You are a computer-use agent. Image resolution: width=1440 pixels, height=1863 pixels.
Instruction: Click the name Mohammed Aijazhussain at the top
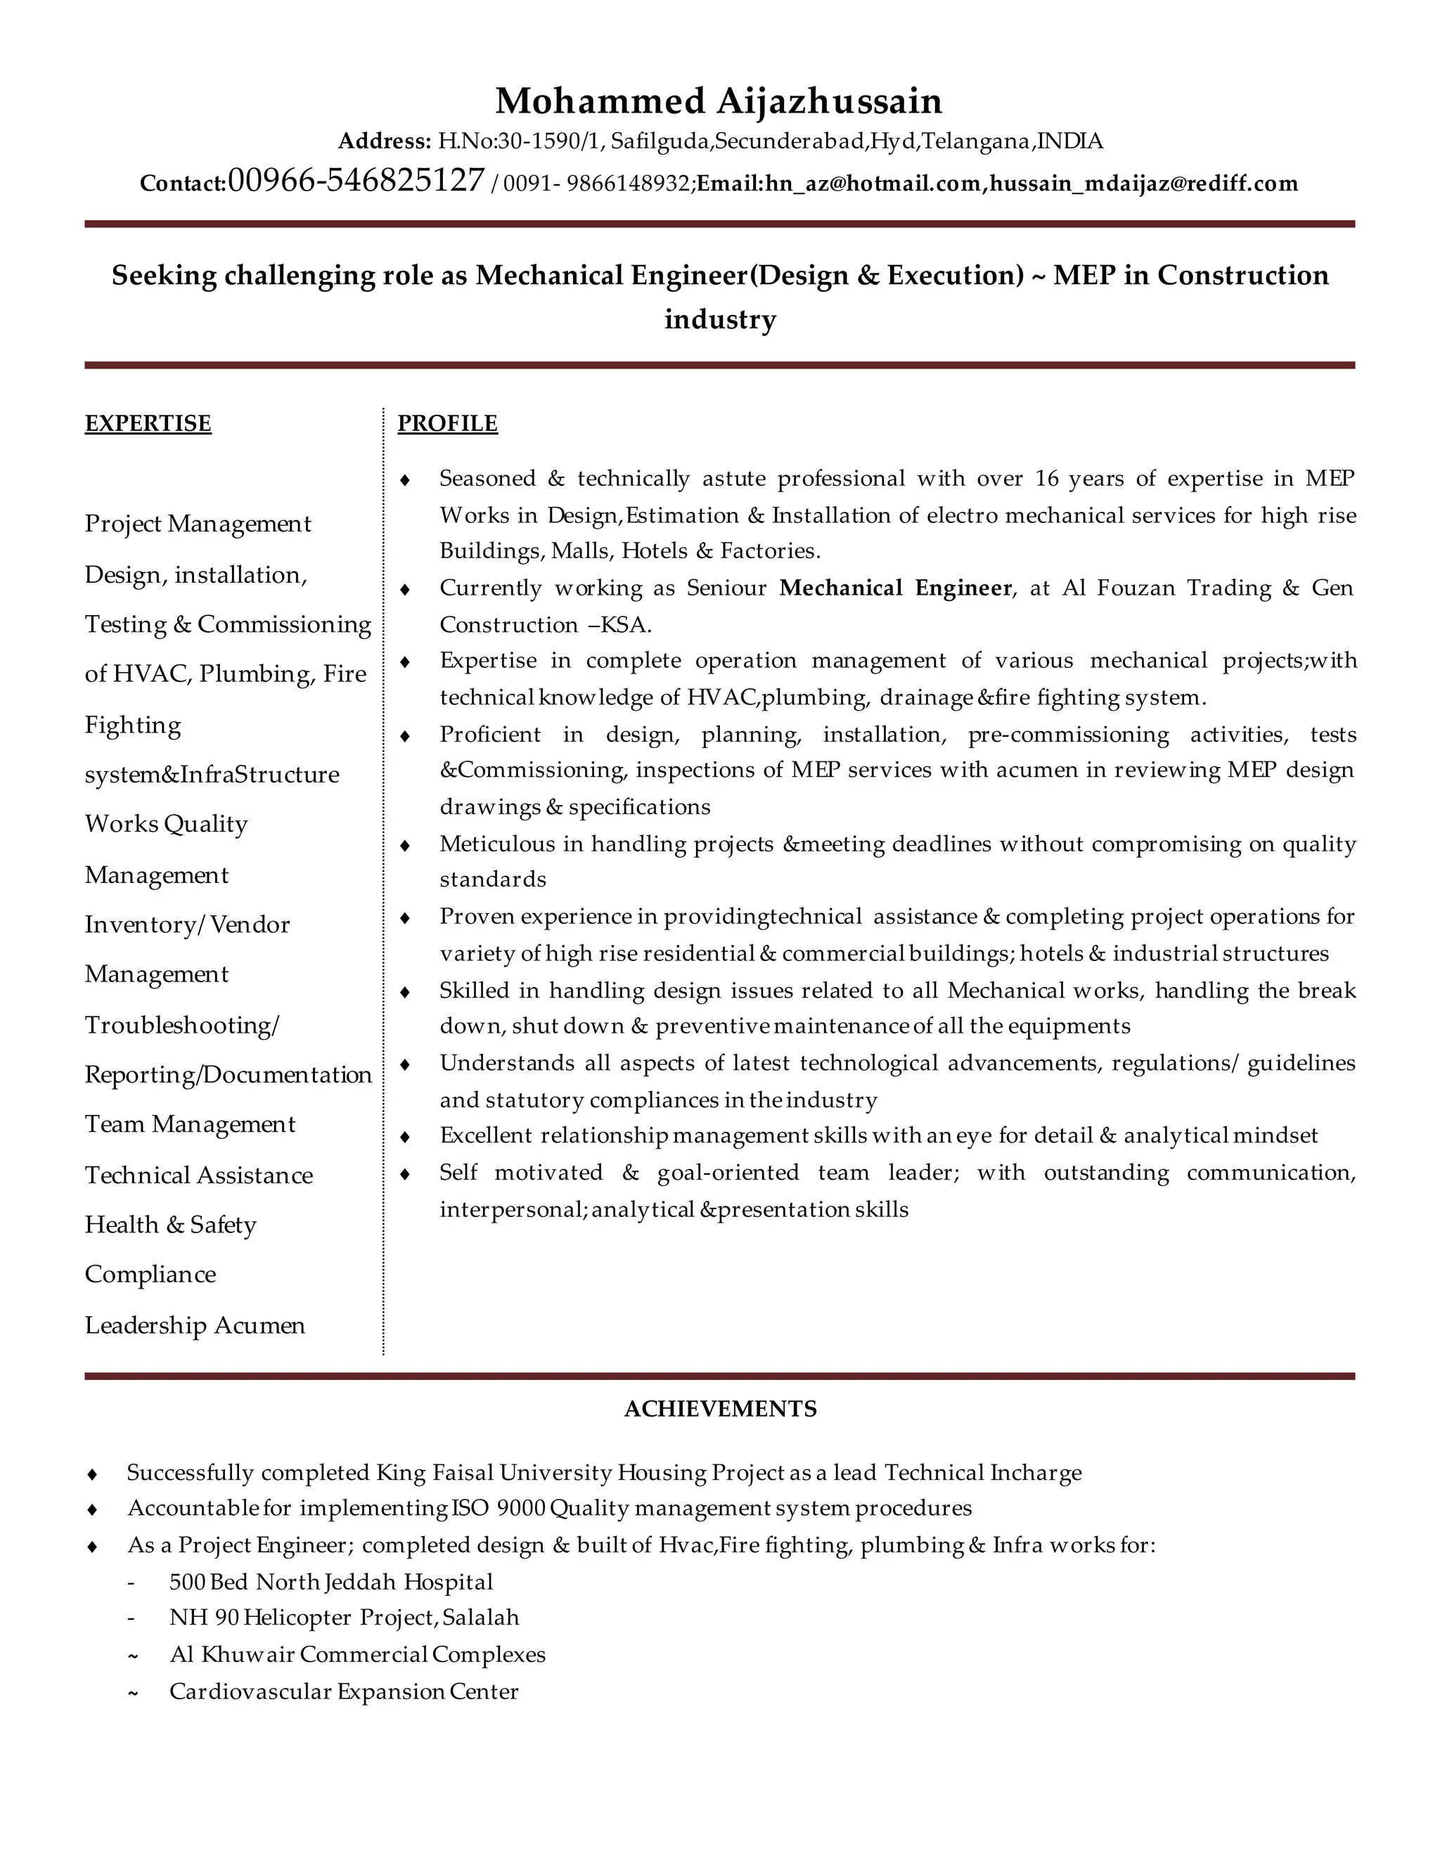(719, 101)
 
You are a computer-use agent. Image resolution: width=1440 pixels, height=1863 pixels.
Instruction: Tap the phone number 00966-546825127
(356, 180)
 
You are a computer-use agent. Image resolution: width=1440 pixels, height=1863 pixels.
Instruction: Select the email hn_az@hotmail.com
(873, 183)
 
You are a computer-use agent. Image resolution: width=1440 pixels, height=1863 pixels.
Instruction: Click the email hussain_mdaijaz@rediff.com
(1143, 183)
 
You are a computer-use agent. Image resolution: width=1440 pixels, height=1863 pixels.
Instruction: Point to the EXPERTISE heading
(148, 423)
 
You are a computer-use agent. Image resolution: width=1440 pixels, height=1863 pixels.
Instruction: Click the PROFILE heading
(447, 423)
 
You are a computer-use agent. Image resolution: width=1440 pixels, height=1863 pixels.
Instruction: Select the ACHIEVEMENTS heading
(720, 1408)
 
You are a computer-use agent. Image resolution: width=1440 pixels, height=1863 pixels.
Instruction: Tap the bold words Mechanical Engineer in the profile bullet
(895, 588)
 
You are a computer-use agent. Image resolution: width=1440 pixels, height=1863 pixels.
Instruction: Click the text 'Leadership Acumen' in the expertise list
(195, 1324)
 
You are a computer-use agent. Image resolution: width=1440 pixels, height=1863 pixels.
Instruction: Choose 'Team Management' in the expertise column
(189, 1124)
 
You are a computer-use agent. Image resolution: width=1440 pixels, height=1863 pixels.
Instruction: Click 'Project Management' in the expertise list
(198, 523)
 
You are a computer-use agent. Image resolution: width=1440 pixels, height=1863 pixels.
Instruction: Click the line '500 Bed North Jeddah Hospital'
(331, 1582)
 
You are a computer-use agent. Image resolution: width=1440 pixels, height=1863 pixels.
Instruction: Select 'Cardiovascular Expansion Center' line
(344, 1691)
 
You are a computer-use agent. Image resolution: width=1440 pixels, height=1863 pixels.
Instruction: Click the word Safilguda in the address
(660, 141)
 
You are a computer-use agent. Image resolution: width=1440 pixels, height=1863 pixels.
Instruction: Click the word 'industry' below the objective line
(720, 319)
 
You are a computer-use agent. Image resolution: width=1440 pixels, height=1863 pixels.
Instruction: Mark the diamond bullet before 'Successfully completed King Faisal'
(93, 1473)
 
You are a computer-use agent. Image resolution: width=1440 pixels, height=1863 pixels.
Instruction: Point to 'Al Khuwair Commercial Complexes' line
(357, 1654)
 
